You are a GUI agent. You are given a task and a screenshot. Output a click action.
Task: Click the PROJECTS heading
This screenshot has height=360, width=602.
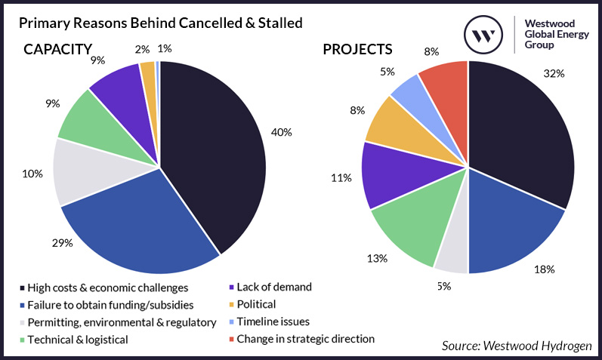(357, 50)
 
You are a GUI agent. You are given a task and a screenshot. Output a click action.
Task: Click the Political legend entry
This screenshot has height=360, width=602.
(256, 304)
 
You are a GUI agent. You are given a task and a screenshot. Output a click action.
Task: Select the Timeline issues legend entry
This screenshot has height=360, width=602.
(273, 322)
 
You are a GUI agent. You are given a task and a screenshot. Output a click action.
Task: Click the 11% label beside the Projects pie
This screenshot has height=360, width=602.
(341, 178)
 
